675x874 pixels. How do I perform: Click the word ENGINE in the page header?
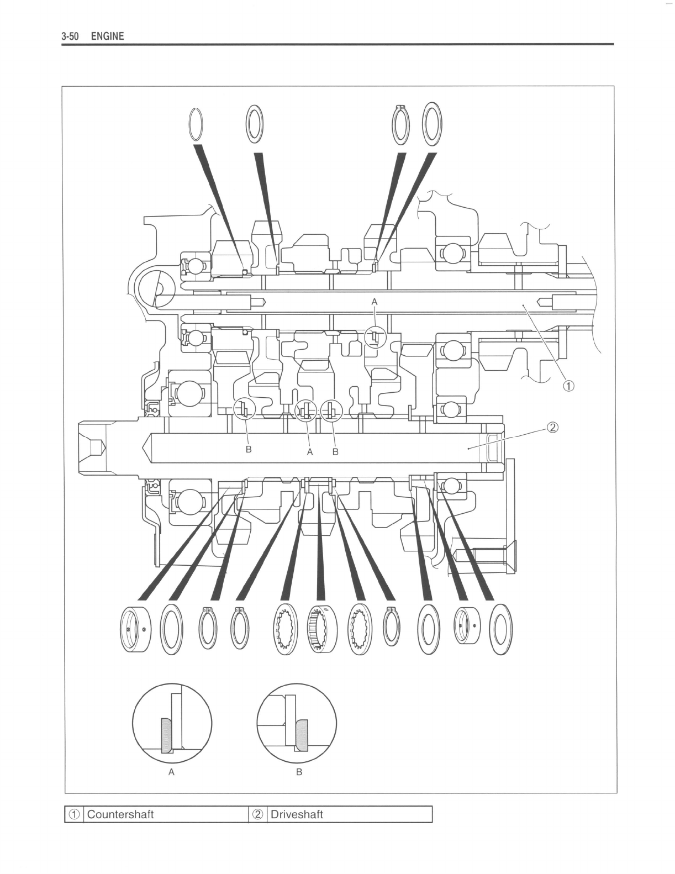point(107,36)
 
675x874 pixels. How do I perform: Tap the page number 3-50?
point(70,36)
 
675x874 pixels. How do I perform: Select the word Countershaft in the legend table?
point(120,814)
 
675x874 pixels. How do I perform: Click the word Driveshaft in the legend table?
point(297,814)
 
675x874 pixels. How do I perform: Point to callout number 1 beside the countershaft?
point(568,386)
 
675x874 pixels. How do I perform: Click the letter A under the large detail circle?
point(171,772)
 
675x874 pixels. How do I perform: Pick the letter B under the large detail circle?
point(299,772)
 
